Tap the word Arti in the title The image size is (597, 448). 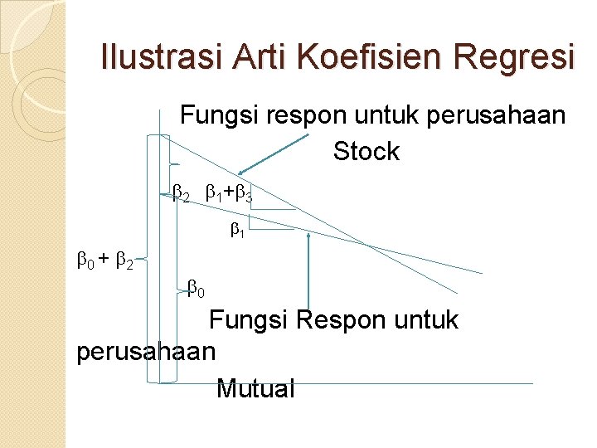(255, 57)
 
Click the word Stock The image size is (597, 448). (366, 152)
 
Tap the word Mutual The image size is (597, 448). (255, 387)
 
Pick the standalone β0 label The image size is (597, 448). (197, 290)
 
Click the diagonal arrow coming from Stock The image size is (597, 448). (273, 155)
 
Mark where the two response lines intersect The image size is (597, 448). (367, 244)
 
